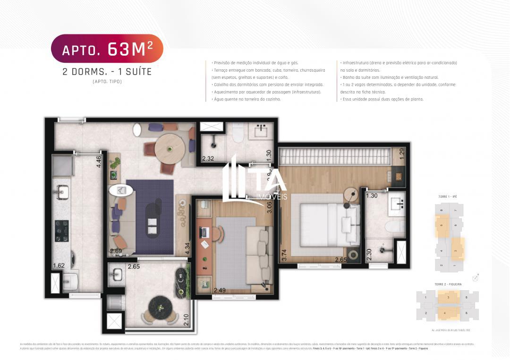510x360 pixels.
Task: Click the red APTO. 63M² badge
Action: click(x=107, y=49)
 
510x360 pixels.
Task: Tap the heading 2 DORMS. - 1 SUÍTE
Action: click(x=107, y=72)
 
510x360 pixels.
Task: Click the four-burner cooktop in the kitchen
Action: click(x=62, y=231)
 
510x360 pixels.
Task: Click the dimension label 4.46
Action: click(x=99, y=162)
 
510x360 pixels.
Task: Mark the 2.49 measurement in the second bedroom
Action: click(x=220, y=290)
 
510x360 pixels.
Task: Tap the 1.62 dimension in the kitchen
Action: click(x=59, y=266)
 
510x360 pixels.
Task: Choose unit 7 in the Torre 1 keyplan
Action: click(x=455, y=210)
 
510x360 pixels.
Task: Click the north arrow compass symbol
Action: click(x=476, y=277)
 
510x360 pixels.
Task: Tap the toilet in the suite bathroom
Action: click(x=392, y=227)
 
